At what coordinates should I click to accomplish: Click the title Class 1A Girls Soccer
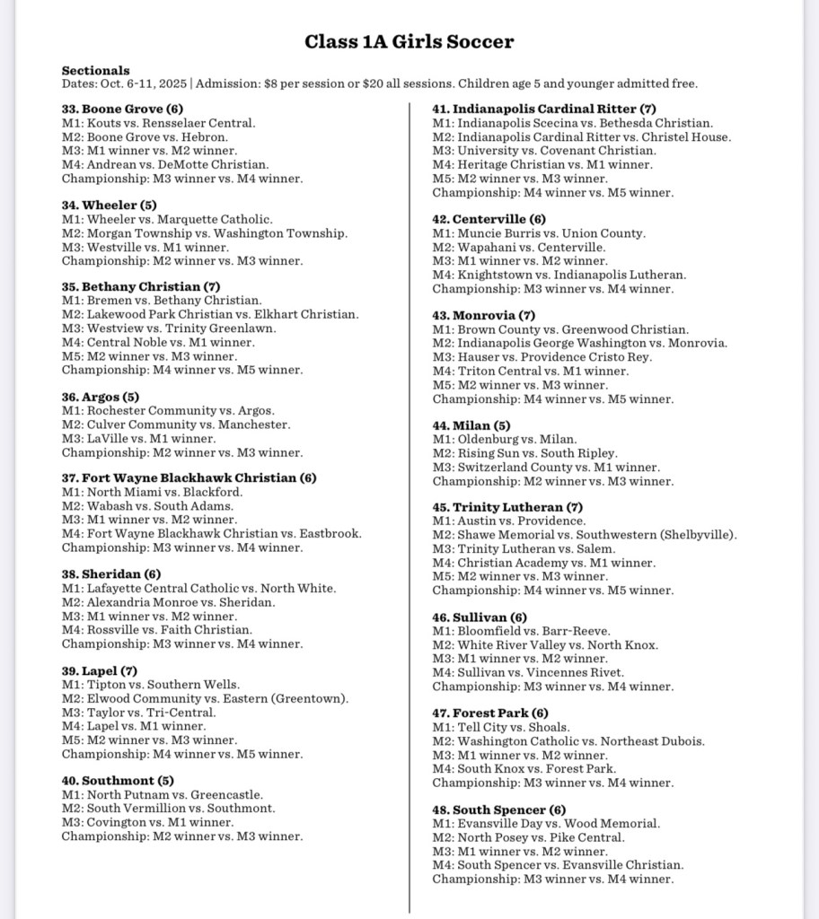(x=409, y=41)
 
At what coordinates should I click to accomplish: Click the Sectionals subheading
(x=95, y=70)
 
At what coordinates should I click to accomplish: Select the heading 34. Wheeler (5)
(x=109, y=205)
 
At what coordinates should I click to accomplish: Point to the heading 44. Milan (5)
(x=471, y=425)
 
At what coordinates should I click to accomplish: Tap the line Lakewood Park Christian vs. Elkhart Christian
(x=210, y=314)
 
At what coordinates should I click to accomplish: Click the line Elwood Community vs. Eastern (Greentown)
(x=206, y=698)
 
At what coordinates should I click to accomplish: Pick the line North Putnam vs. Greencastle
(x=163, y=794)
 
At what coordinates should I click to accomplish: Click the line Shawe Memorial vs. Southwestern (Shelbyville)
(x=585, y=535)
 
